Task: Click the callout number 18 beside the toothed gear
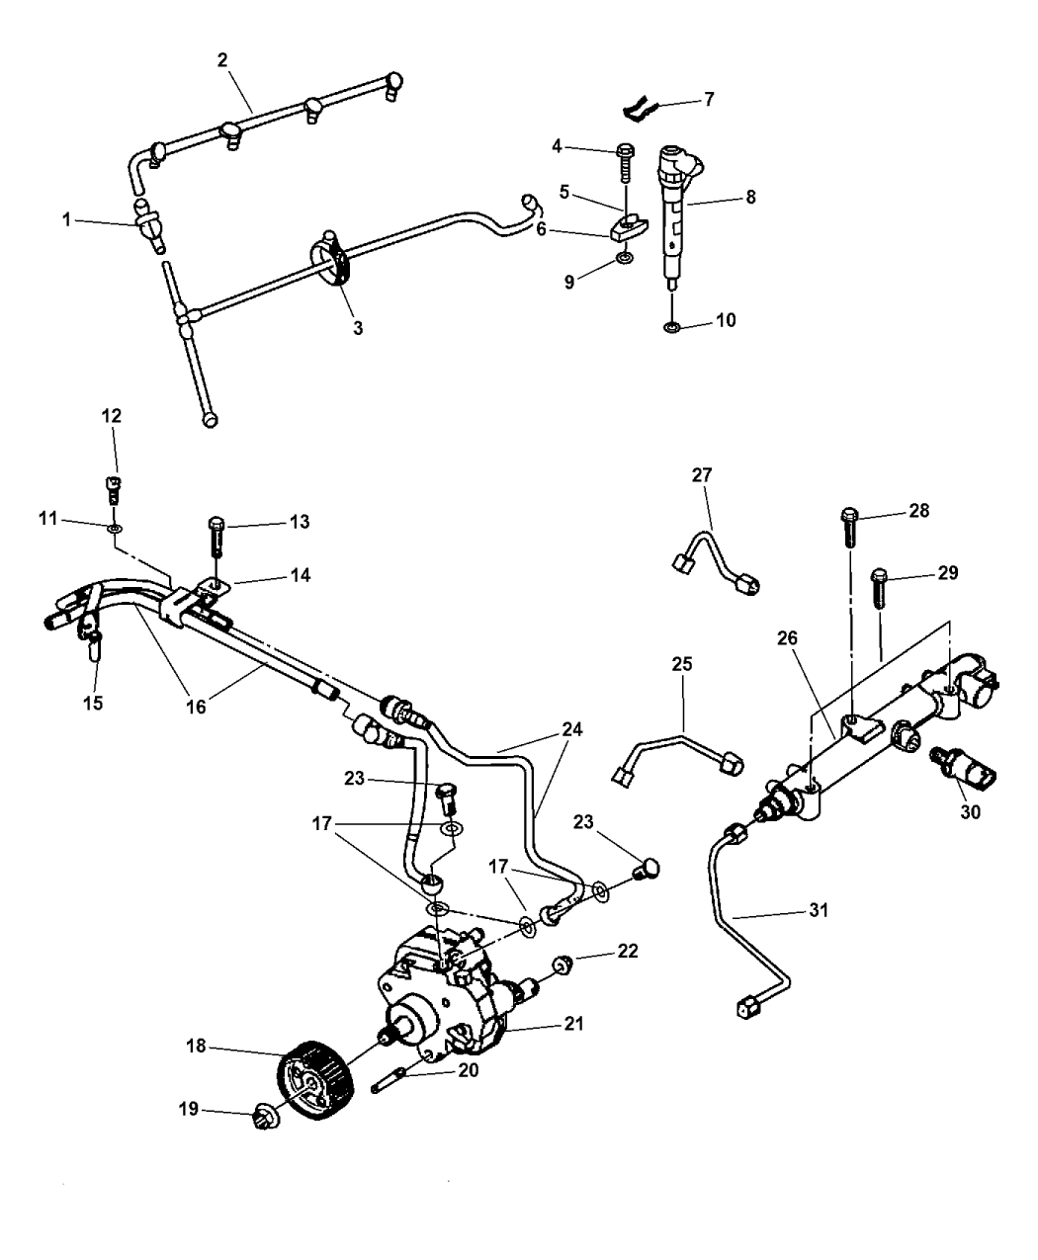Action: tap(197, 1045)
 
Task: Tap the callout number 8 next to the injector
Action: tap(751, 197)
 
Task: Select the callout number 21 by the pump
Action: tap(573, 1024)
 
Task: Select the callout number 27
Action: tap(701, 474)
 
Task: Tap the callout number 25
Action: tap(681, 664)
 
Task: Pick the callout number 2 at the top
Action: tap(222, 59)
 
